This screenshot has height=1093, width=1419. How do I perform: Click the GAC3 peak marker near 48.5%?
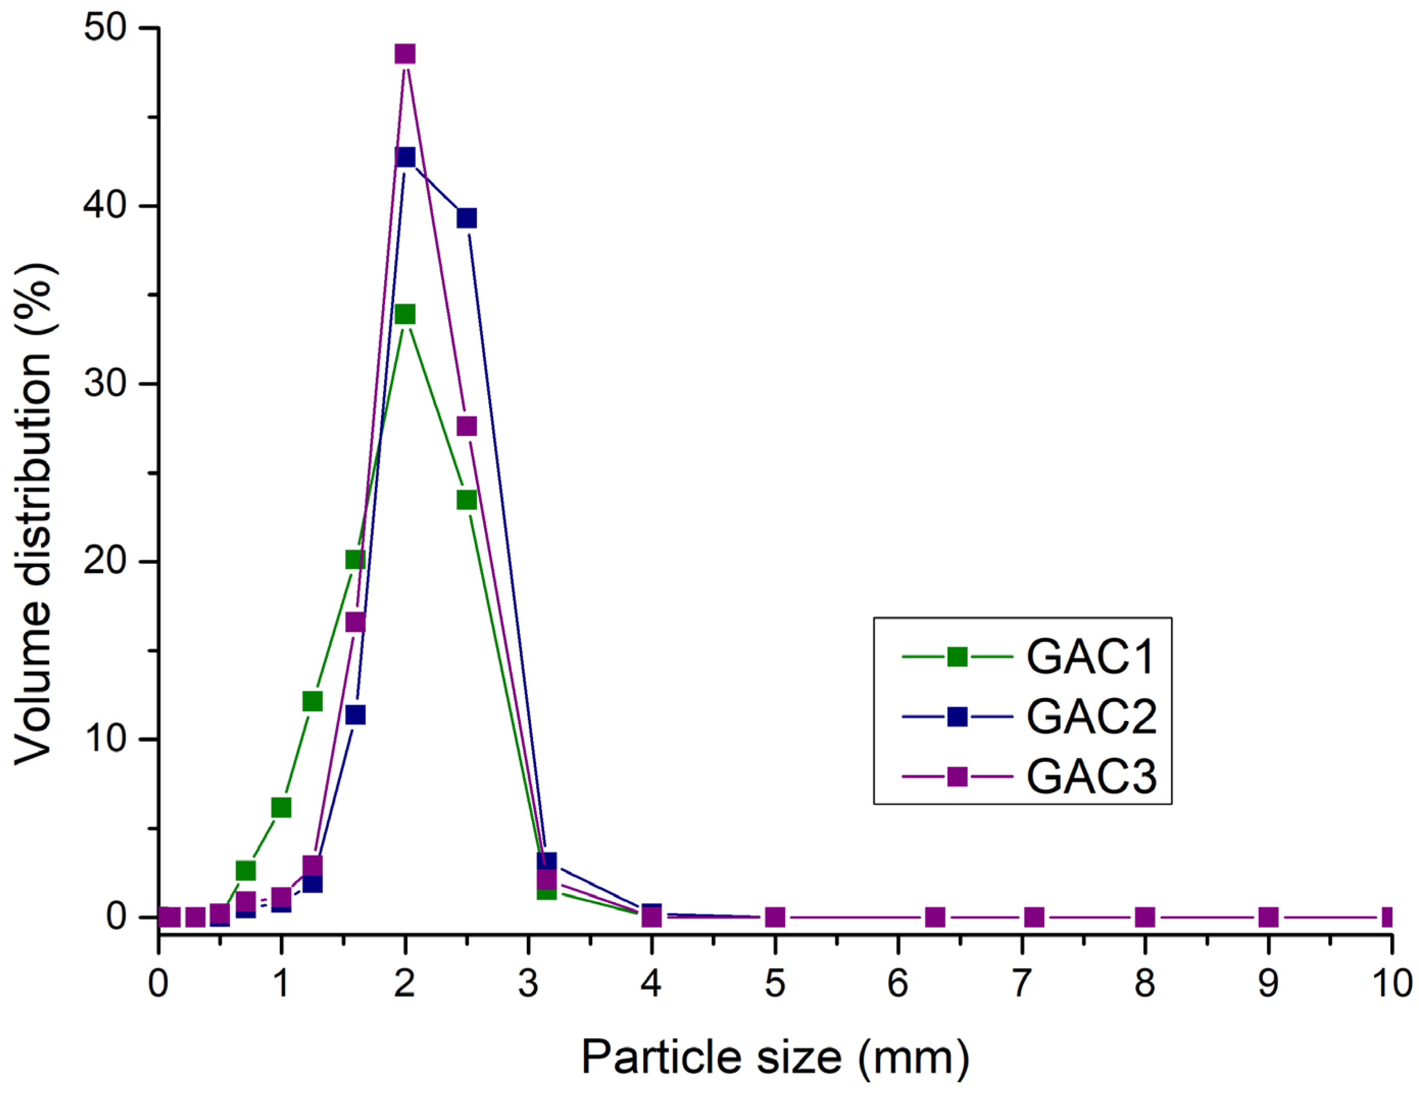tap(405, 54)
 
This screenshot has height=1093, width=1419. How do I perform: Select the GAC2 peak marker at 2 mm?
tap(405, 157)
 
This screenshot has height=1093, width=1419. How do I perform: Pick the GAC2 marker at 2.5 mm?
tap(467, 218)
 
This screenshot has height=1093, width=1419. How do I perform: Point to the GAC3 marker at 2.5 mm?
tap(467, 426)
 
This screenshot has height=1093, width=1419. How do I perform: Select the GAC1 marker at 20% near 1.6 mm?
tap(356, 559)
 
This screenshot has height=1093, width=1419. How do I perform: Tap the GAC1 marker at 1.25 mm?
tap(313, 701)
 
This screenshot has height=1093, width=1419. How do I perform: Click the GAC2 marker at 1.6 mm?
tap(356, 715)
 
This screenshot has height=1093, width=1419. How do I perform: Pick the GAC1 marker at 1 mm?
tap(282, 808)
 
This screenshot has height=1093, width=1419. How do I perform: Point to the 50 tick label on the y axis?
tap(104, 29)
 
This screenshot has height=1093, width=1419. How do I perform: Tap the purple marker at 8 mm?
tap(1145, 917)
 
